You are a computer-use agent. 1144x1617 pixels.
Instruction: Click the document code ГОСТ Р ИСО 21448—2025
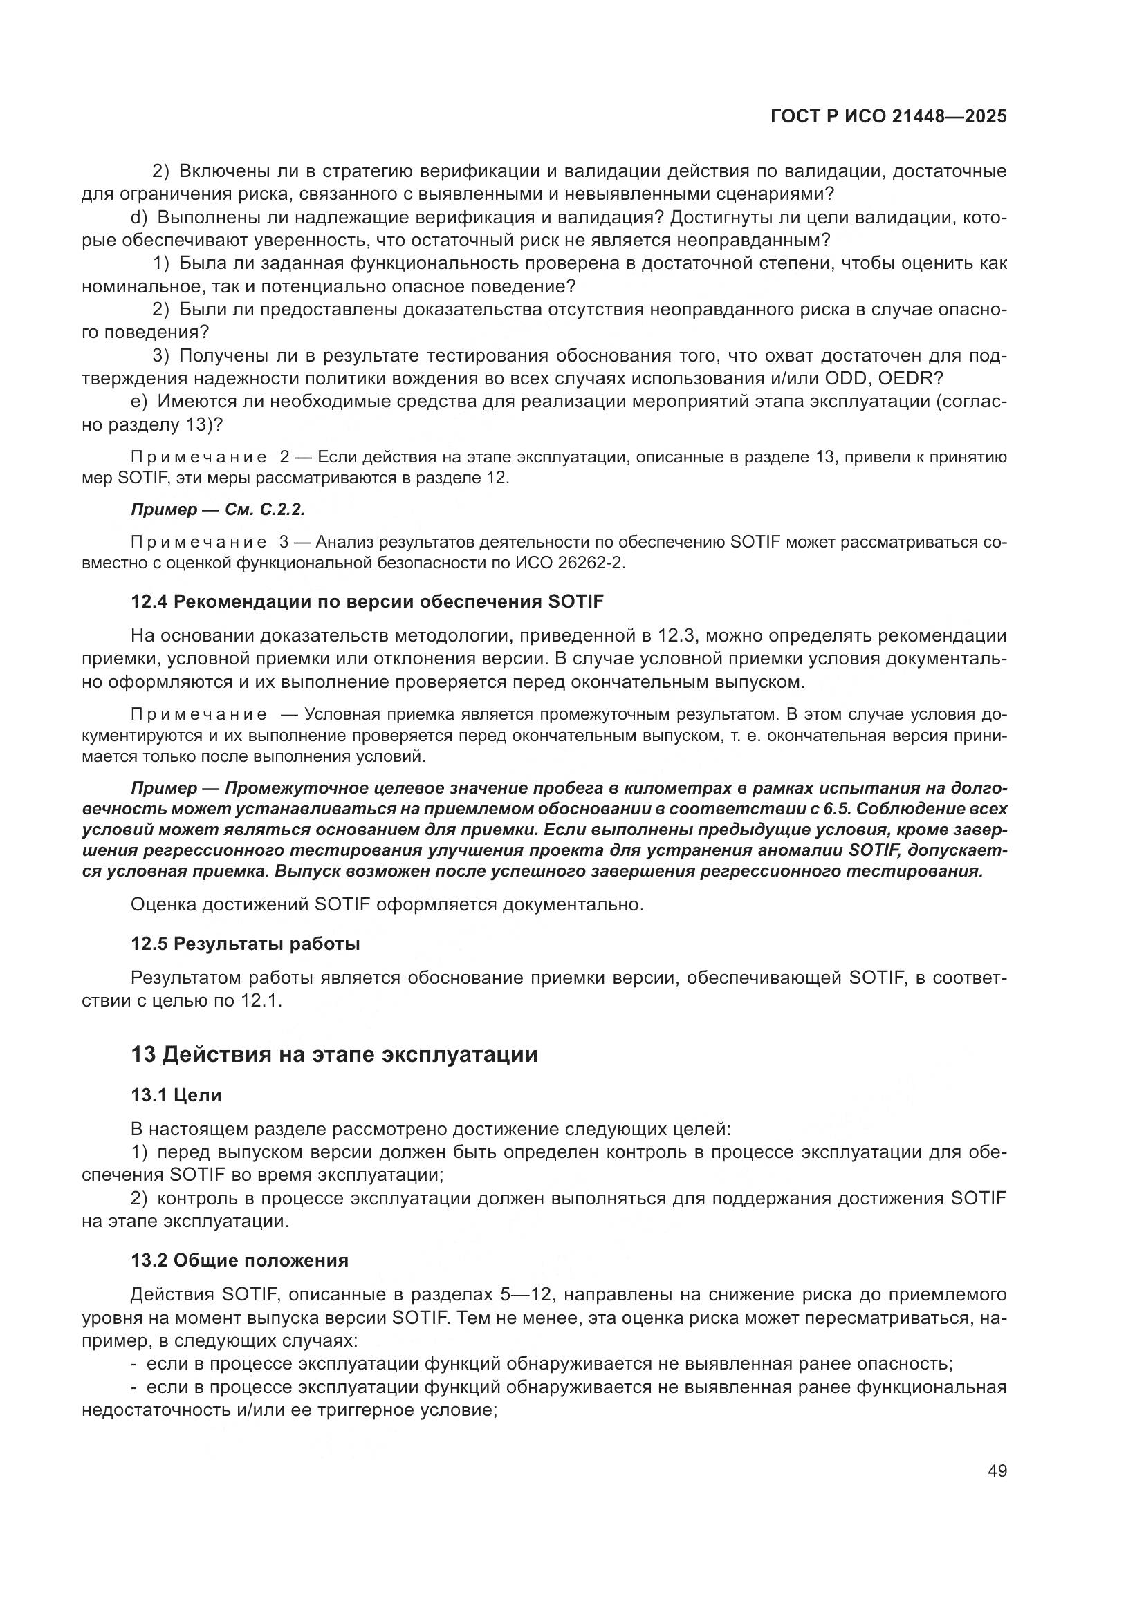888,117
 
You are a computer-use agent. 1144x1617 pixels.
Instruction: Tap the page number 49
997,1470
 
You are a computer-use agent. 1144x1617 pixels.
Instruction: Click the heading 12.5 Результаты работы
245,944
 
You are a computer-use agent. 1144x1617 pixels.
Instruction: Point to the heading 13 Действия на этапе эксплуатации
334,1055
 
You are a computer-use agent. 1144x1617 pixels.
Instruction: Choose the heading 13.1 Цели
176,1095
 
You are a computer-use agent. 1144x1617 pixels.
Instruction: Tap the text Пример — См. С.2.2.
218,510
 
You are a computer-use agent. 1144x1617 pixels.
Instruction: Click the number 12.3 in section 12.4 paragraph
676,636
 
